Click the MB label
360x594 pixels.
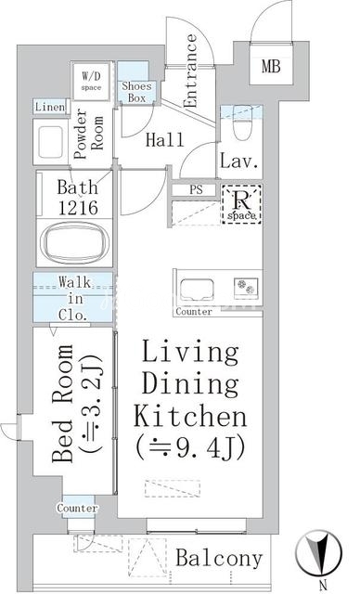pyautogui.click(x=271, y=66)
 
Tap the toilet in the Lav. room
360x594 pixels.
pyautogui.click(x=242, y=123)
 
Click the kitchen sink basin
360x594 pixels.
pyautogui.click(x=197, y=290)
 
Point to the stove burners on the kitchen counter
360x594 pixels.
pyautogui.click(x=246, y=287)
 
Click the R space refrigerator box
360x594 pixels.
pyautogui.click(x=242, y=204)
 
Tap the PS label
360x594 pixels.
pyautogui.click(x=196, y=189)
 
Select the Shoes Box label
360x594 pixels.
pyautogui.click(x=136, y=92)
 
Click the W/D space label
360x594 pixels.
pyautogui.click(x=92, y=81)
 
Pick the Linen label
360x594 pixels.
pyautogui.click(x=50, y=107)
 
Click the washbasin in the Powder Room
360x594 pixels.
pyautogui.click(x=50, y=142)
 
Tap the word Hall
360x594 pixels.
pyautogui.click(x=165, y=140)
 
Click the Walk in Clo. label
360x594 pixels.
pyautogui.click(x=74, y=299)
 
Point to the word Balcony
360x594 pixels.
pyautogui.click(x=219, y=559)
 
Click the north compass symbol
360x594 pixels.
pyautogui.click(x=319, y=551)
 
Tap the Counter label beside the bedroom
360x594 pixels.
pyautogui.click(x=78, y=508)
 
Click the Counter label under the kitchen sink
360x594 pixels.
pyautogui.click(x=194, y=312)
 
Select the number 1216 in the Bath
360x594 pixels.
pyautogui.click(x=78, y=208)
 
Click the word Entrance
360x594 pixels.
pyautogui.click(x=190, y=71)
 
